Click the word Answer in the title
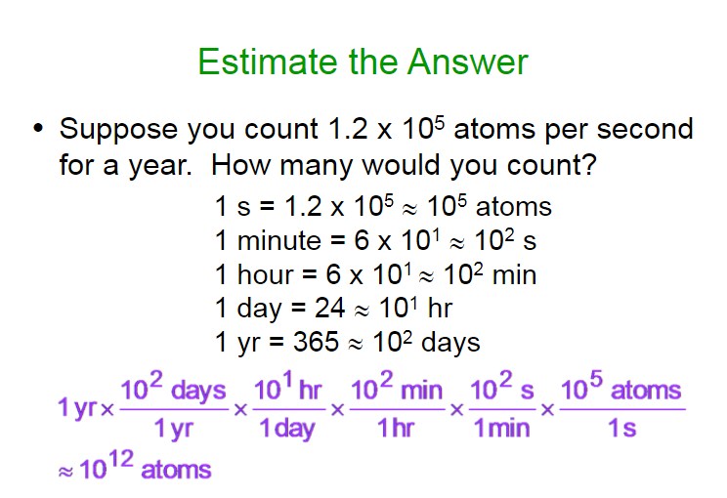click(468, 62)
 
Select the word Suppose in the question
click(118, 130)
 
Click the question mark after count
click(589, 164)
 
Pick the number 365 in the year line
click(316, 342)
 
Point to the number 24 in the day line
click(329, 308)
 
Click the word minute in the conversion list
click(278, 240)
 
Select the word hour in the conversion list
click(265, 274)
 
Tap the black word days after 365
click(450, 343)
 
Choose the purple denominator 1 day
click(287, 428)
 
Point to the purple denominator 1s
click(622, 428)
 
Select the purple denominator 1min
click(501, 428)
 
